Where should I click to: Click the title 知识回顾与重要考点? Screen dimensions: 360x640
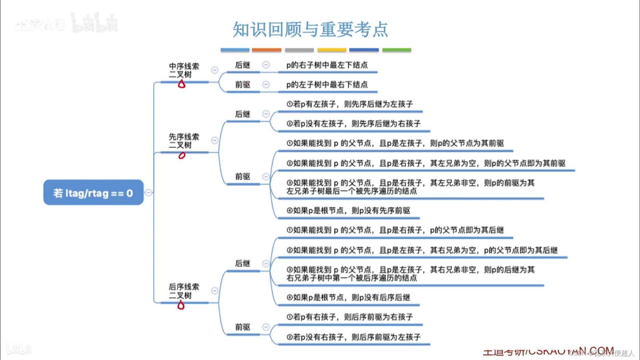pos(310,29)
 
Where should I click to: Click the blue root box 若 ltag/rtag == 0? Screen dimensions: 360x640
pos(93,193)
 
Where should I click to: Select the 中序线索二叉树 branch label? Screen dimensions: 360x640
pos(184,70)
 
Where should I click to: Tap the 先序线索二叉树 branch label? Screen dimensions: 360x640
pos(184,141)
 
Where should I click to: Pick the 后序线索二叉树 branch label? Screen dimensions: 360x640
pos(184,291)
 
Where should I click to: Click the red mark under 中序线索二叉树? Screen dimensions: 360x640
pos(182,84)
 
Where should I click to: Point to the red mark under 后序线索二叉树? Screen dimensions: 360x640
pos(181,305)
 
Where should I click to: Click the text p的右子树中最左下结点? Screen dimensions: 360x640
pos(327,65)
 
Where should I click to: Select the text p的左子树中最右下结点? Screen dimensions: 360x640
pos(327,84)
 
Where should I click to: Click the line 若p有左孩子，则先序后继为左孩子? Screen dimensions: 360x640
pos(349,104)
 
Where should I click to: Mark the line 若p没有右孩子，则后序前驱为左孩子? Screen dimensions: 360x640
pos(353,337)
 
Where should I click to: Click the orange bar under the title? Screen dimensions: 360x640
pos(266,50)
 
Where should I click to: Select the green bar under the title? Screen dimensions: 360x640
pos(397,50)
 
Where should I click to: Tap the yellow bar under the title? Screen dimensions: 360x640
pos(332,50)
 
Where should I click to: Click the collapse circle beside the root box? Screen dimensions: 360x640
pos(148,192)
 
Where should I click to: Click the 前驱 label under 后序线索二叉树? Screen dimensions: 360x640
pos(243,327)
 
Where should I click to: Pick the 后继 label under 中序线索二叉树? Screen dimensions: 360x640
pos(243,65)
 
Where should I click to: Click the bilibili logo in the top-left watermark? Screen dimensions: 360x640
pos(94,23)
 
